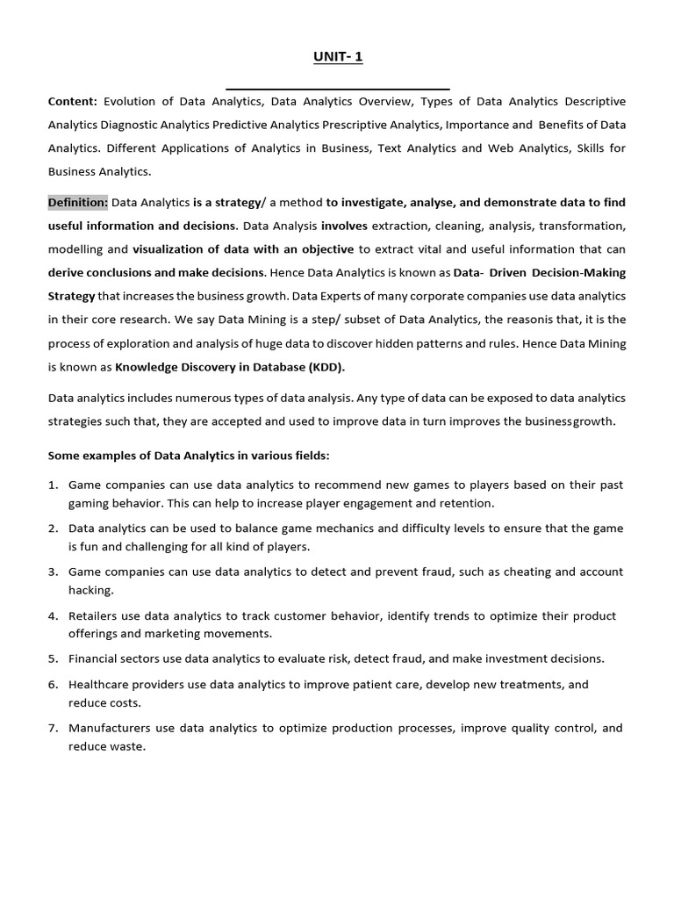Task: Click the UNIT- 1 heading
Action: click(338, 57)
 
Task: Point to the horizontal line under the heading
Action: click(338, 89)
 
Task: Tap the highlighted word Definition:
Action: click(78, 203)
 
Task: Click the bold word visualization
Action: click(167, 249)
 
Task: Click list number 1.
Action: click(53, 485)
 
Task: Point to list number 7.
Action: click(53, 729)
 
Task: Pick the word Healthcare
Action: click(102, 684)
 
